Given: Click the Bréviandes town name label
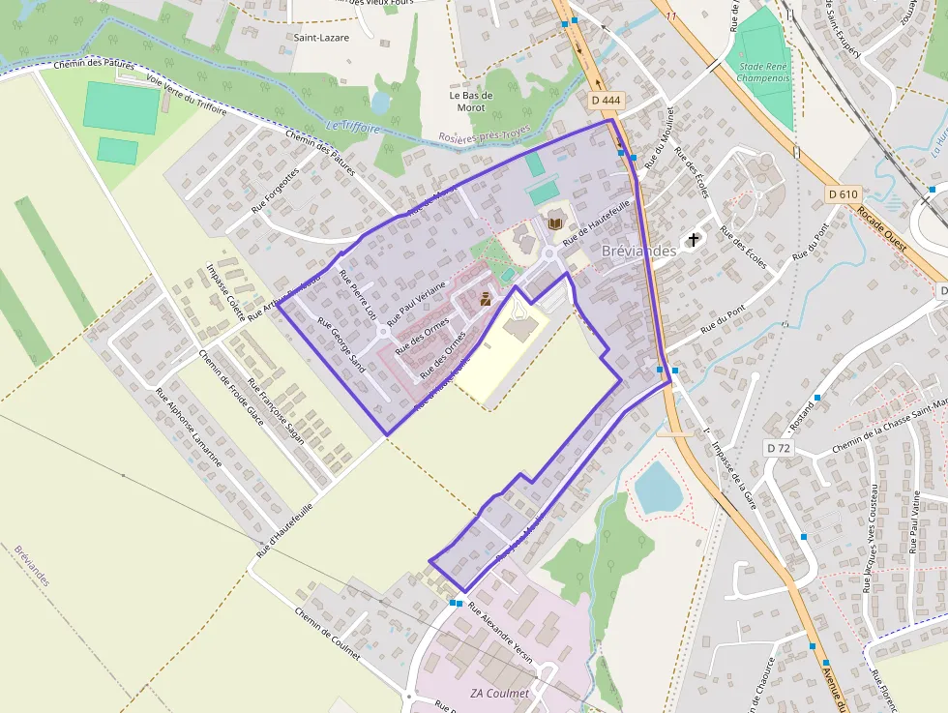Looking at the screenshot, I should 638,251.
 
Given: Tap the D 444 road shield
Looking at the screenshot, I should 606,100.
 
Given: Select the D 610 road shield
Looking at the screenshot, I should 844,194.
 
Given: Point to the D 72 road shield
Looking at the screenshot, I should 778,448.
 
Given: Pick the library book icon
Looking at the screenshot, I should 555,223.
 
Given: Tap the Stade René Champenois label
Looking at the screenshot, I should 763,74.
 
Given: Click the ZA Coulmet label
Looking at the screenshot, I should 499,694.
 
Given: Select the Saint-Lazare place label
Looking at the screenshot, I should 322,37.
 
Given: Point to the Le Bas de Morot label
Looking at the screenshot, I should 471,101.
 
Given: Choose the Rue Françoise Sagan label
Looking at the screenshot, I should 276,411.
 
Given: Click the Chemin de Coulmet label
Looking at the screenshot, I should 327,634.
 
